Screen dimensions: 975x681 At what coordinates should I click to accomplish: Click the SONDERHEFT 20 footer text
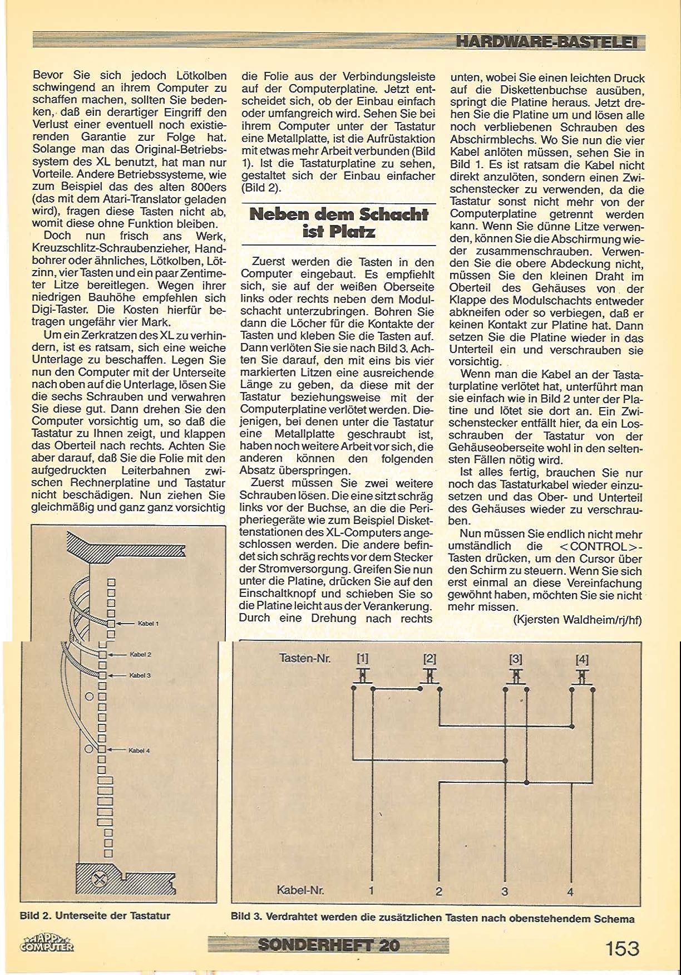click(x=328, y=945)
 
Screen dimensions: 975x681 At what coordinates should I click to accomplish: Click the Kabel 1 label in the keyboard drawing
click(x=148, y=624)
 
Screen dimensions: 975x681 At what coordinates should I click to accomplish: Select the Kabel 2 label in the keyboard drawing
click(x=140, y=655)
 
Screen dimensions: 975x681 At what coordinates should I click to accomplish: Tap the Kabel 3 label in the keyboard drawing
click(x=140, y=675)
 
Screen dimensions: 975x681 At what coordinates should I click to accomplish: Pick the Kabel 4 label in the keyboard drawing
click(x=139, y=751)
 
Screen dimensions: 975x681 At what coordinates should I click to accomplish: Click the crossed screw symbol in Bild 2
click(x=100, y=880)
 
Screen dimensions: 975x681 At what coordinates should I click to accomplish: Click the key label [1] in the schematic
click(x=362, y=659)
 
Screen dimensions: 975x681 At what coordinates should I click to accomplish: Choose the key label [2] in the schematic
click(x=430, y=659)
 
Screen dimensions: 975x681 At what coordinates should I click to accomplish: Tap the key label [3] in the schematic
click(x=516, y=659)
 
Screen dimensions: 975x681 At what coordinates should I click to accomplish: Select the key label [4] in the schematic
click(x=582, y=660)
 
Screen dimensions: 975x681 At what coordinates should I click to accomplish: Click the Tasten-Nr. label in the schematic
click(x=305, y=658)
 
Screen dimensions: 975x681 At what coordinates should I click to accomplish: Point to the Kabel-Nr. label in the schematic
click(x=300, y=890)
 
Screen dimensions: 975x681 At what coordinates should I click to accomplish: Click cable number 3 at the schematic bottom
click(x=505, y=891)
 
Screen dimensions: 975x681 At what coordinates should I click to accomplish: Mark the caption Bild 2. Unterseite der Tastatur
click(x=95, y=915)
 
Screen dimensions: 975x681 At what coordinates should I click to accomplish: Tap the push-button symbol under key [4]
click(x=582, y=677)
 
